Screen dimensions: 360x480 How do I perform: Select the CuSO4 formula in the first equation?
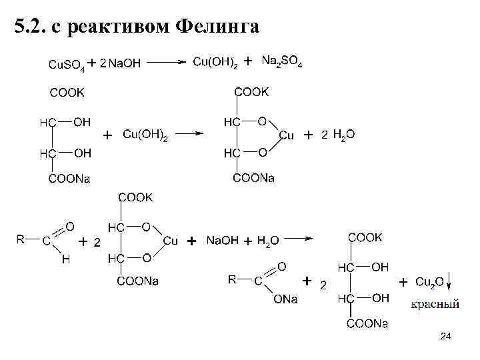67,64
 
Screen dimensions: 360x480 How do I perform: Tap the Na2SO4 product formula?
281,61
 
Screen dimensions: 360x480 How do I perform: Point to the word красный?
434,305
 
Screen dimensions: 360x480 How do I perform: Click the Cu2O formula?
429,283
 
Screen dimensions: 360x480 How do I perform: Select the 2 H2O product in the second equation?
338,135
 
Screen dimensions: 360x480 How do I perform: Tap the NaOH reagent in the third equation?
222,240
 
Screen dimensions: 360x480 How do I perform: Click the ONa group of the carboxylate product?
285,300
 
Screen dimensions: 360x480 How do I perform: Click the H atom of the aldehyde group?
65,261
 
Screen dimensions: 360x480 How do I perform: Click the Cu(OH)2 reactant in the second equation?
145,135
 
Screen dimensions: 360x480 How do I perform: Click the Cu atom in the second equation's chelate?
286,135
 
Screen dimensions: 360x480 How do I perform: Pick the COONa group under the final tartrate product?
367,324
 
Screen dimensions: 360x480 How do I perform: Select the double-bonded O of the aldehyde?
70,227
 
